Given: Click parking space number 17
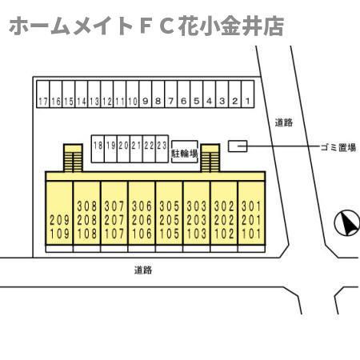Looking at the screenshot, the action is (x=43, y=94).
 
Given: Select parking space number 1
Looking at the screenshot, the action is (x=248, y=94).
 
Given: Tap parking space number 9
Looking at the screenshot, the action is (x=146, y=94).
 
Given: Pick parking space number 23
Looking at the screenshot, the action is (x=162, y=149).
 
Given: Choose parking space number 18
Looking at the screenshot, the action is (x=98, y=149).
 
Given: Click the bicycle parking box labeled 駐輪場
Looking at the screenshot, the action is (x=185, y=152).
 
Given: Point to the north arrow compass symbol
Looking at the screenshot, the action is (x=347, y=222).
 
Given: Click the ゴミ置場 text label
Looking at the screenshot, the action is (x=338, y=147).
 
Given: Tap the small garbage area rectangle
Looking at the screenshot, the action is (x=238, y=146).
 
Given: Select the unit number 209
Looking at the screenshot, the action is (x=59, y=220).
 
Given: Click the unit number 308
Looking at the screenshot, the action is (x=87, y=206).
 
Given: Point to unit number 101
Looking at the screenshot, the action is (x=251, y=234).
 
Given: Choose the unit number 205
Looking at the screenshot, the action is (x=169, y=220).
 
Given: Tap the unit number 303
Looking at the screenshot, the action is (x=197, y=206).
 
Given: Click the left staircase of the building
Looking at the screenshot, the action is (x=73, y=158).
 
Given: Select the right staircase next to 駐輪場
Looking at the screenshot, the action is (x=210, y=158).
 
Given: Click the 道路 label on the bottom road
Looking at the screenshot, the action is (x=143, y=270).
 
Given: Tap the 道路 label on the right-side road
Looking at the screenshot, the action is (x=284, y=122).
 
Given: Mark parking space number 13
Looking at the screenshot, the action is (x=94, y=94).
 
